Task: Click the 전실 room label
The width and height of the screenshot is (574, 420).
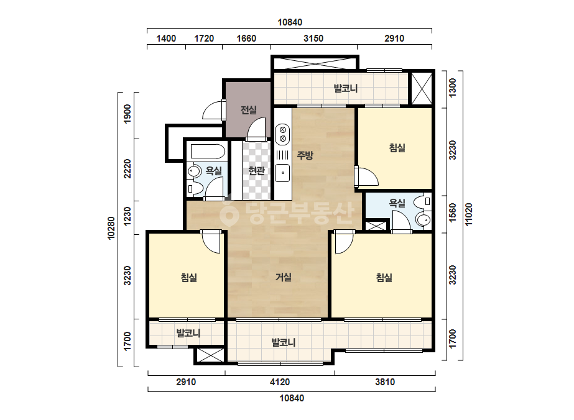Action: (249, 110)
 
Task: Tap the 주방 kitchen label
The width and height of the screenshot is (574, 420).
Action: (305, 155)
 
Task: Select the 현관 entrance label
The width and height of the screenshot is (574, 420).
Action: (256, 170)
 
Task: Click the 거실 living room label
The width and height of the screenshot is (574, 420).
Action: (284, 277)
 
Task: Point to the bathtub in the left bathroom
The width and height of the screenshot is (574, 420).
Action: (206, 152)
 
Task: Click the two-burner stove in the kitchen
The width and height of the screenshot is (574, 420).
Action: (282, 134)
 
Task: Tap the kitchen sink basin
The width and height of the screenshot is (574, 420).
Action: (282, 173)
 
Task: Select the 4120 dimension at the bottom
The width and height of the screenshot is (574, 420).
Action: (280, 382)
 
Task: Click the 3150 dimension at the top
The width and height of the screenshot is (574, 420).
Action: (313, 39)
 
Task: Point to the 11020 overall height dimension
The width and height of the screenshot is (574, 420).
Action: (468, 214)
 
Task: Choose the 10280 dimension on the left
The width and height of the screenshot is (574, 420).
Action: (111, 229)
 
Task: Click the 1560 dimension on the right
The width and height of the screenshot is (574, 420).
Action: (453, 212)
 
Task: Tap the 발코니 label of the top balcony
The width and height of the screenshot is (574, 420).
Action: (346, 88)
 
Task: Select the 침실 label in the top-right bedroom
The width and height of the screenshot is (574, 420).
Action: (397, 148)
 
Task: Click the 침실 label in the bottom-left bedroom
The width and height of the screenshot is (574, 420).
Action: (189, 277)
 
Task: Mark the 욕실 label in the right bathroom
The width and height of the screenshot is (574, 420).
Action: (397, 203)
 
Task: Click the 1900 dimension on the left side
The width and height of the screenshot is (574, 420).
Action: (127, 114)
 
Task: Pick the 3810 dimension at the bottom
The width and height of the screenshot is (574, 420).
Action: (385, 382)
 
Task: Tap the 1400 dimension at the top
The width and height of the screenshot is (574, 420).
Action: (166, 39)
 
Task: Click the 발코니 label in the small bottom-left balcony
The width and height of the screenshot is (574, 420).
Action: (188, 333)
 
